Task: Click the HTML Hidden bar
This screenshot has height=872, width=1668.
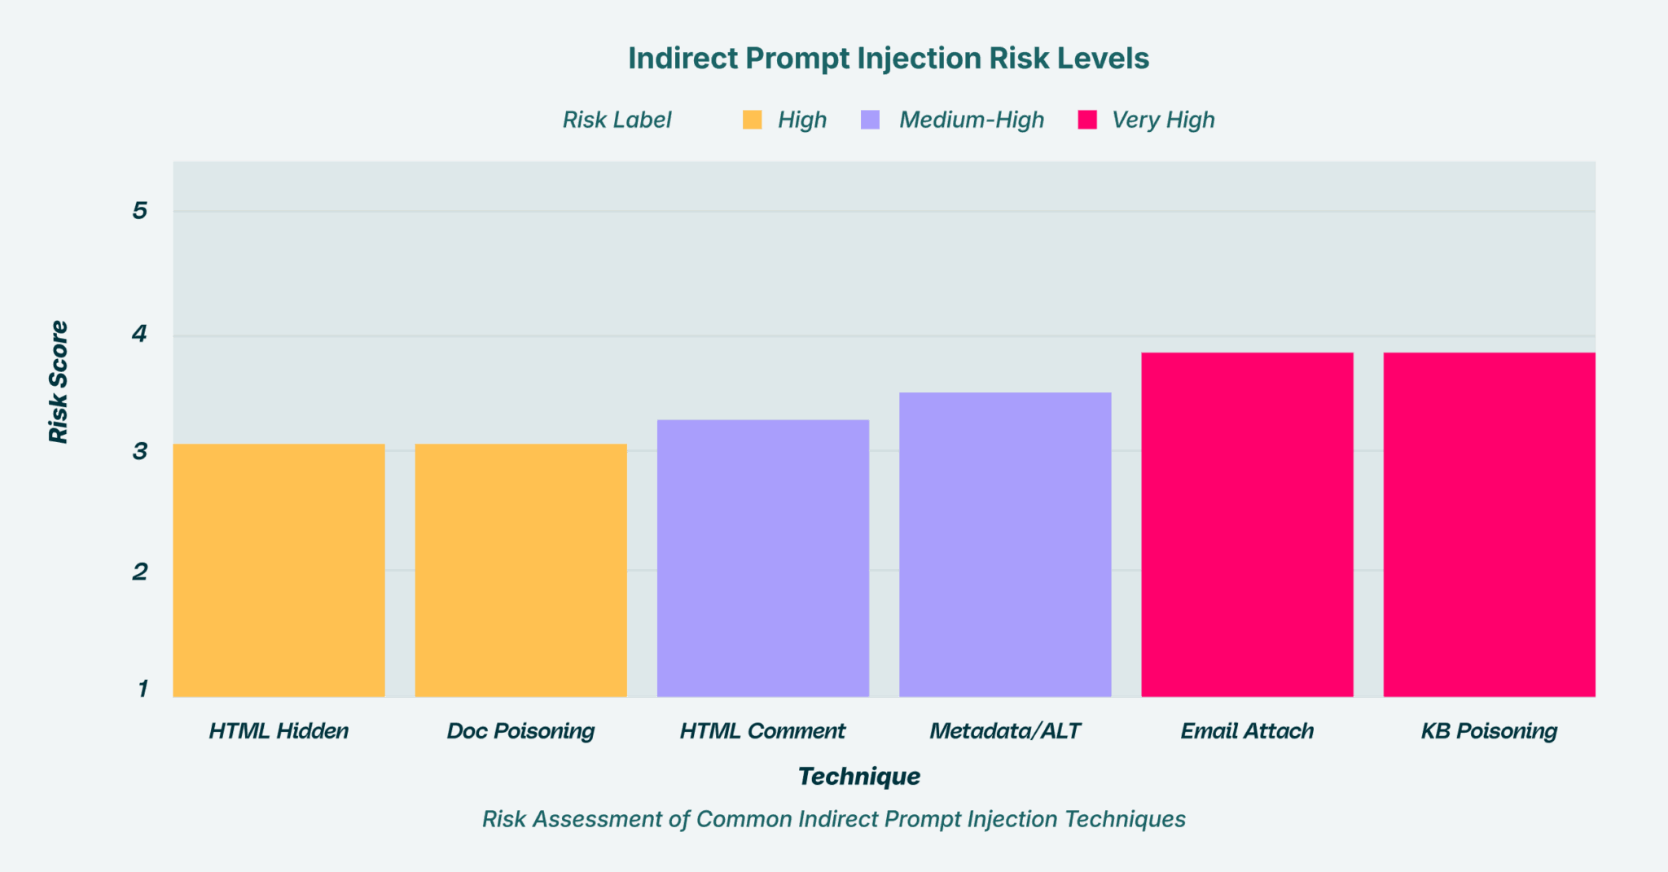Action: (279, 570)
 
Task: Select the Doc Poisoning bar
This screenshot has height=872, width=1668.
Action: (520, 570)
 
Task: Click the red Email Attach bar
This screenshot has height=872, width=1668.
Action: (1246, 524)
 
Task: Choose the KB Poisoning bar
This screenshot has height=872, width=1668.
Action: (1488, 524)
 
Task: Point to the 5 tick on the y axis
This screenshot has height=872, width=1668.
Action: (140, 211)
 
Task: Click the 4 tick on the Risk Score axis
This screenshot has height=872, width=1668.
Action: (140, 334)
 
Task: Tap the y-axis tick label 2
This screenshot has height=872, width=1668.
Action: (140, 572)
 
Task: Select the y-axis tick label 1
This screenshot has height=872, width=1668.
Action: (143, 689)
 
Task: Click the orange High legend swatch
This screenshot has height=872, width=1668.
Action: (752, 121)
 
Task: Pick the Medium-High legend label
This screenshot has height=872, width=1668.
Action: (971, 121)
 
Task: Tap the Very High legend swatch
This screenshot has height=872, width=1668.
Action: (1086, 121)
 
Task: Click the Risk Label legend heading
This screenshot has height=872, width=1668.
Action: (617, 121)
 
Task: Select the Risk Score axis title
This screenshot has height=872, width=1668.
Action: (59, 382)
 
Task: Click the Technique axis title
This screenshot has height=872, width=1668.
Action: (859, 776)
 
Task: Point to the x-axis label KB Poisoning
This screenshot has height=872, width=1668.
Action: (1488, 731)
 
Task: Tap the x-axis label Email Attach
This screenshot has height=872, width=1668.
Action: (1246, 731)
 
